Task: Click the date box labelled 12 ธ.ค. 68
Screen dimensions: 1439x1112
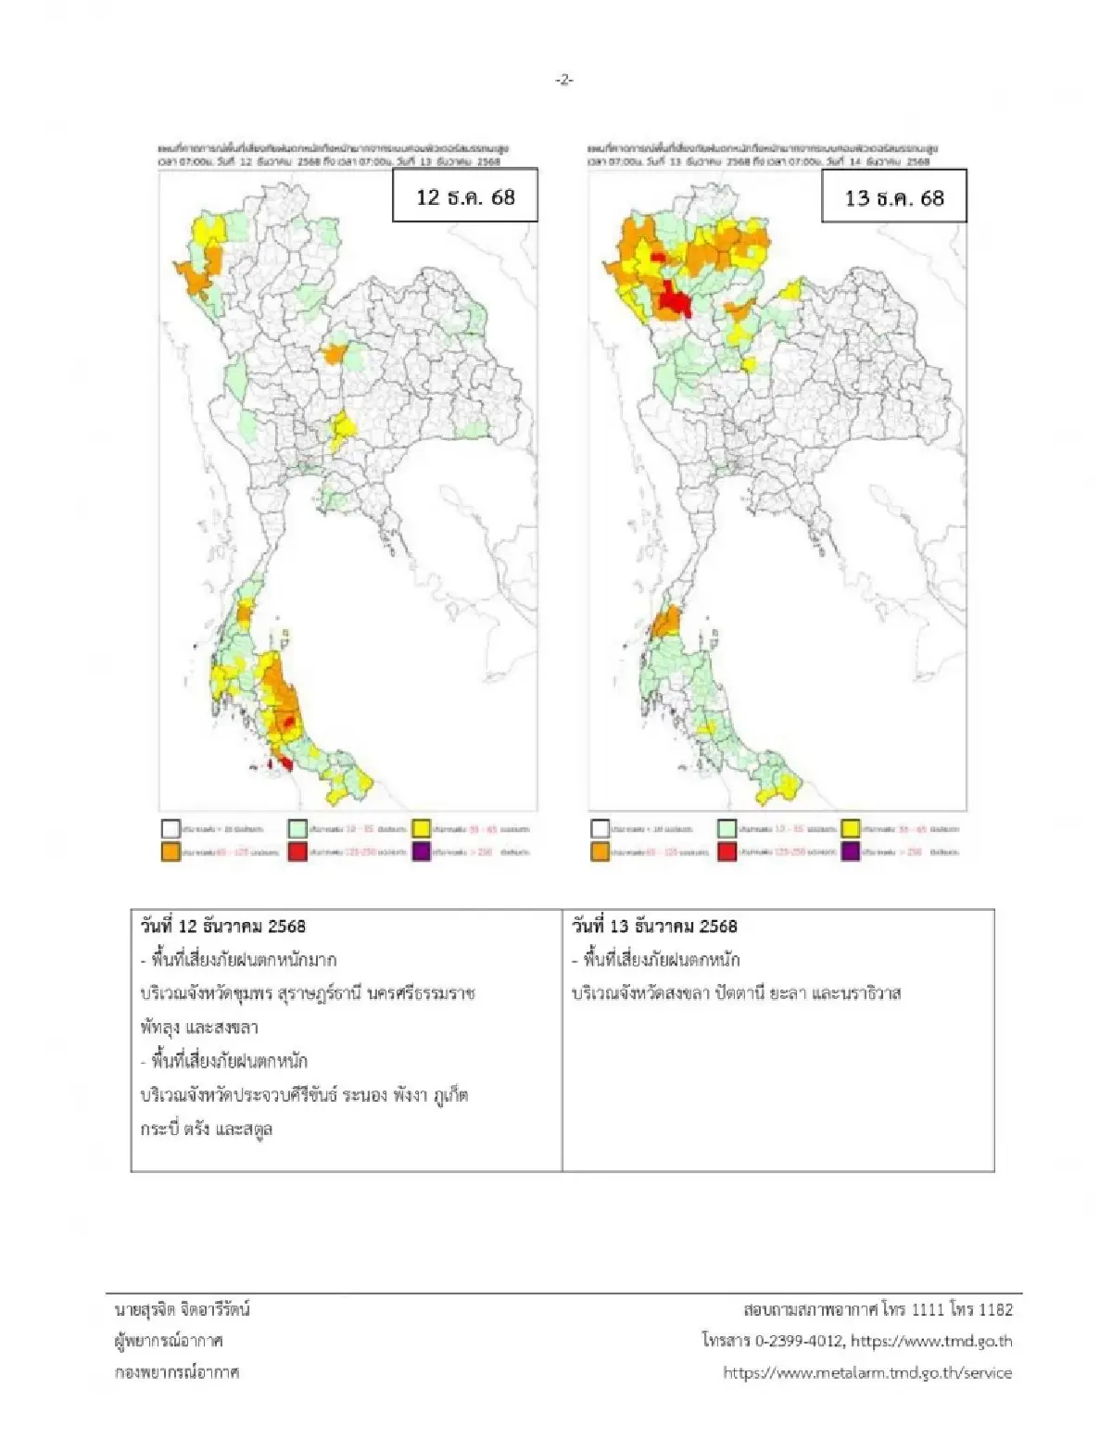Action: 465,196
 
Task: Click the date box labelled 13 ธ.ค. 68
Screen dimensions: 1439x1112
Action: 894,197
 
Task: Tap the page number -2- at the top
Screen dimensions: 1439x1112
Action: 564,81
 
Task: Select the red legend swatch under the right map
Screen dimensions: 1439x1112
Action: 727,852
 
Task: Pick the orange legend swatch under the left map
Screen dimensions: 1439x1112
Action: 171,852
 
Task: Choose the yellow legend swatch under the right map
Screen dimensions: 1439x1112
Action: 851,828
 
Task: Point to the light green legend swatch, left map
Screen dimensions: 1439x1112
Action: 297,828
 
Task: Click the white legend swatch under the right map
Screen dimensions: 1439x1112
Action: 600,828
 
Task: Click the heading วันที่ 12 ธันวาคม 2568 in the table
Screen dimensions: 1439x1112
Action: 222,926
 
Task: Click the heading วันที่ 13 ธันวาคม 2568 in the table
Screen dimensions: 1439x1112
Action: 654,926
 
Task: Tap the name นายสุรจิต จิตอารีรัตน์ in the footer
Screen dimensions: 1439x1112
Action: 183,1309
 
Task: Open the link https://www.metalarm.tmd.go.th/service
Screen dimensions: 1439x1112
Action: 867,1372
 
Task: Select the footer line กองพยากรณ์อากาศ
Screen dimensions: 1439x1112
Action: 177,1372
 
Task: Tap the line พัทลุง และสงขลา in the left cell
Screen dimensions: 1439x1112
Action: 199,1027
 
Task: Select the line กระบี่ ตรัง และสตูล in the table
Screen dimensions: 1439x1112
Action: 207,1129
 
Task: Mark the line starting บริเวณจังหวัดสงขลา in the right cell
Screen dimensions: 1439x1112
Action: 736,993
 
